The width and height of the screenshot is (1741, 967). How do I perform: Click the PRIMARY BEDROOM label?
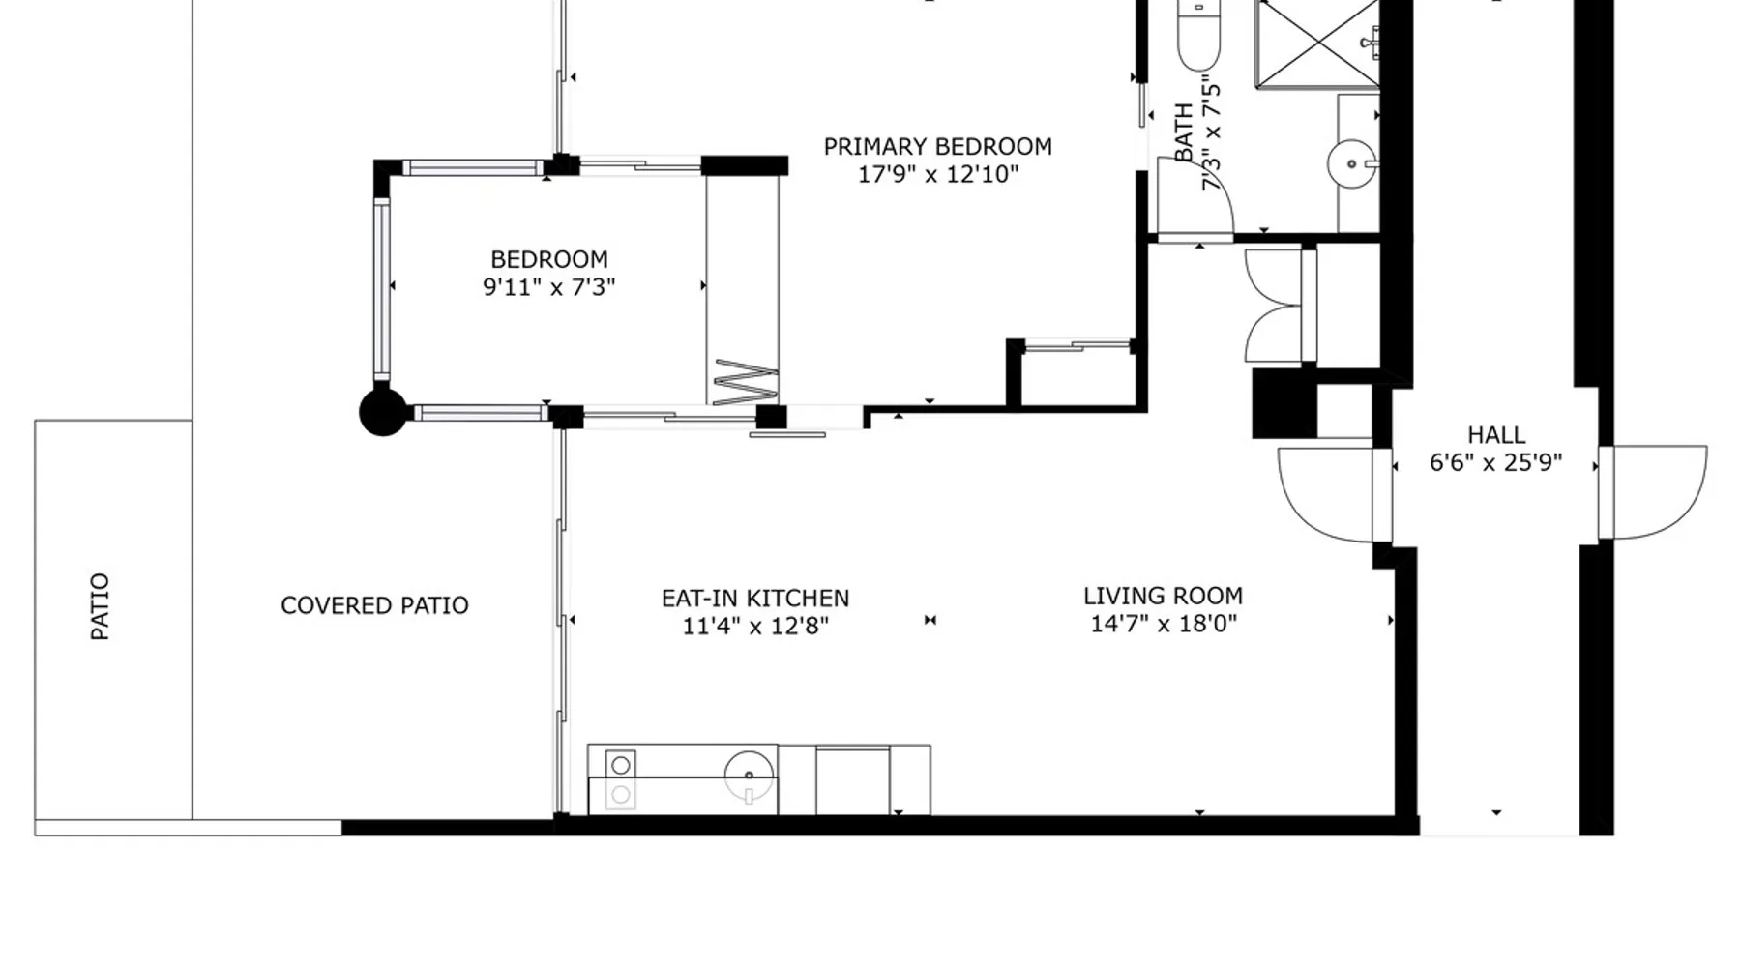(937, 147)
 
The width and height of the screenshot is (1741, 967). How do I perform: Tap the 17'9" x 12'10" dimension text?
(938, 175)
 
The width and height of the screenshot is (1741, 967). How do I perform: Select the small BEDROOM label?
(549, 260)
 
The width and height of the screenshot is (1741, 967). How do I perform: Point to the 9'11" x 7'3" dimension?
(549, 287)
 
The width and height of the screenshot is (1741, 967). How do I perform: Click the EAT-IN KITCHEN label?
(755, 599)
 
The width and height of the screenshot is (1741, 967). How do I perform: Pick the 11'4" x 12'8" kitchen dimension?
(755, 627)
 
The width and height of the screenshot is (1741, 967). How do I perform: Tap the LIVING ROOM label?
(1163, 596)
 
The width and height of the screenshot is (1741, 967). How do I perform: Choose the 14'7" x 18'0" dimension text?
(1164, 624)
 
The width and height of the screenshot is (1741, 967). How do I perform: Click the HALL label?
(1496, 435)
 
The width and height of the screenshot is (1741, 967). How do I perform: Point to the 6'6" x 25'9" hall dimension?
(1496, 463)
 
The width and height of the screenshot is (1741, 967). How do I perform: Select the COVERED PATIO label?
(374, 605)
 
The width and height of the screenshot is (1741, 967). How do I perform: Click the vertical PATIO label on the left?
(100, 606)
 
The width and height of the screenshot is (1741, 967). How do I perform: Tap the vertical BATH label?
(1183, 132)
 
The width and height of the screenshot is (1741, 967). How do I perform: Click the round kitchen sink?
(750, 776)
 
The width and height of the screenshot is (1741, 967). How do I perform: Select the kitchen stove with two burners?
(621, 779)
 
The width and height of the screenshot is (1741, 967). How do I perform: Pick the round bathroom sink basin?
(1351, 164)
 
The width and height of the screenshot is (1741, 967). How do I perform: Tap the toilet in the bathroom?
(1199, 37)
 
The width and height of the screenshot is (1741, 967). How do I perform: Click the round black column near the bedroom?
(383, 412)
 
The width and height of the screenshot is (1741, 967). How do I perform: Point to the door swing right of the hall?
(1653, 491)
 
